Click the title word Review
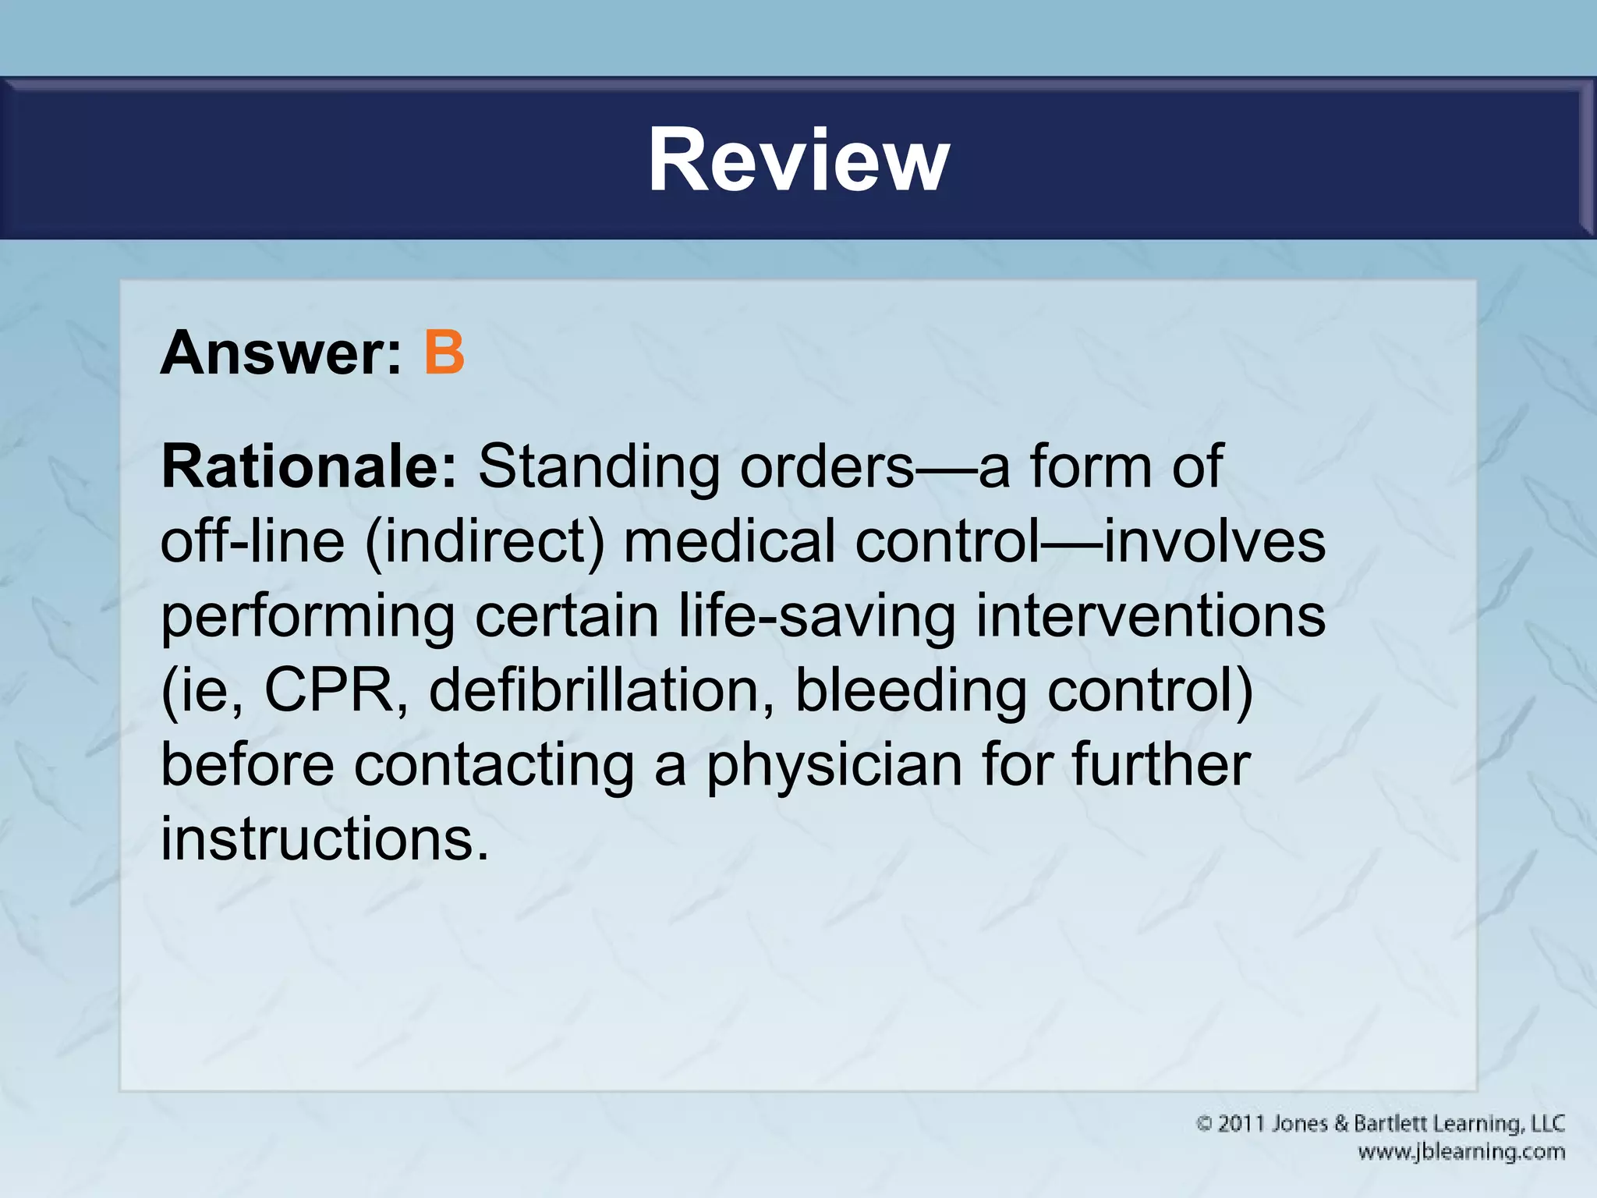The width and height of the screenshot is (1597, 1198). coord(798,160)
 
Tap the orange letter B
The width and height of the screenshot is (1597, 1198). coord(444,353)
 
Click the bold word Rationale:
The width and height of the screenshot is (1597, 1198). coord(309,467)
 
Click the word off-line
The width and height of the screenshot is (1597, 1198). coord(252,541)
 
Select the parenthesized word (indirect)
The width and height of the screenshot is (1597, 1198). coord(484,541)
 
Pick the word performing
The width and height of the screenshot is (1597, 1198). coord(307,616)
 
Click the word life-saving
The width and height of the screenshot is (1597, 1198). coord(816,616)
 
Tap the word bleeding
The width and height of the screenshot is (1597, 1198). coord(910,690)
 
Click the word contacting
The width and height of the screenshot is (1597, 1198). coord(494,765)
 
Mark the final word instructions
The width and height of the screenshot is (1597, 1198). coord(324,839)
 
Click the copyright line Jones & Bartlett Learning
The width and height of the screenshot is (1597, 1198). coord(1380,1124)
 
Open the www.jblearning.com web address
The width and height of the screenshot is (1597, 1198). coord(1461,1152)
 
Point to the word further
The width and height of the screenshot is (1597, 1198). coord(1161,765)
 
